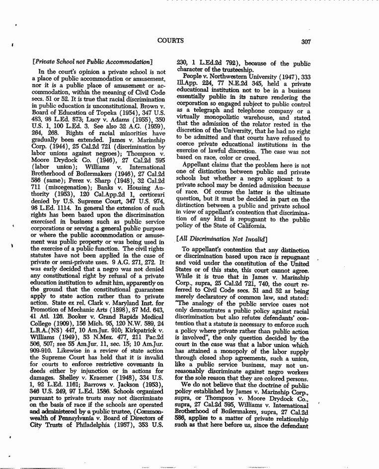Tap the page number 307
[x=306, y=42]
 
